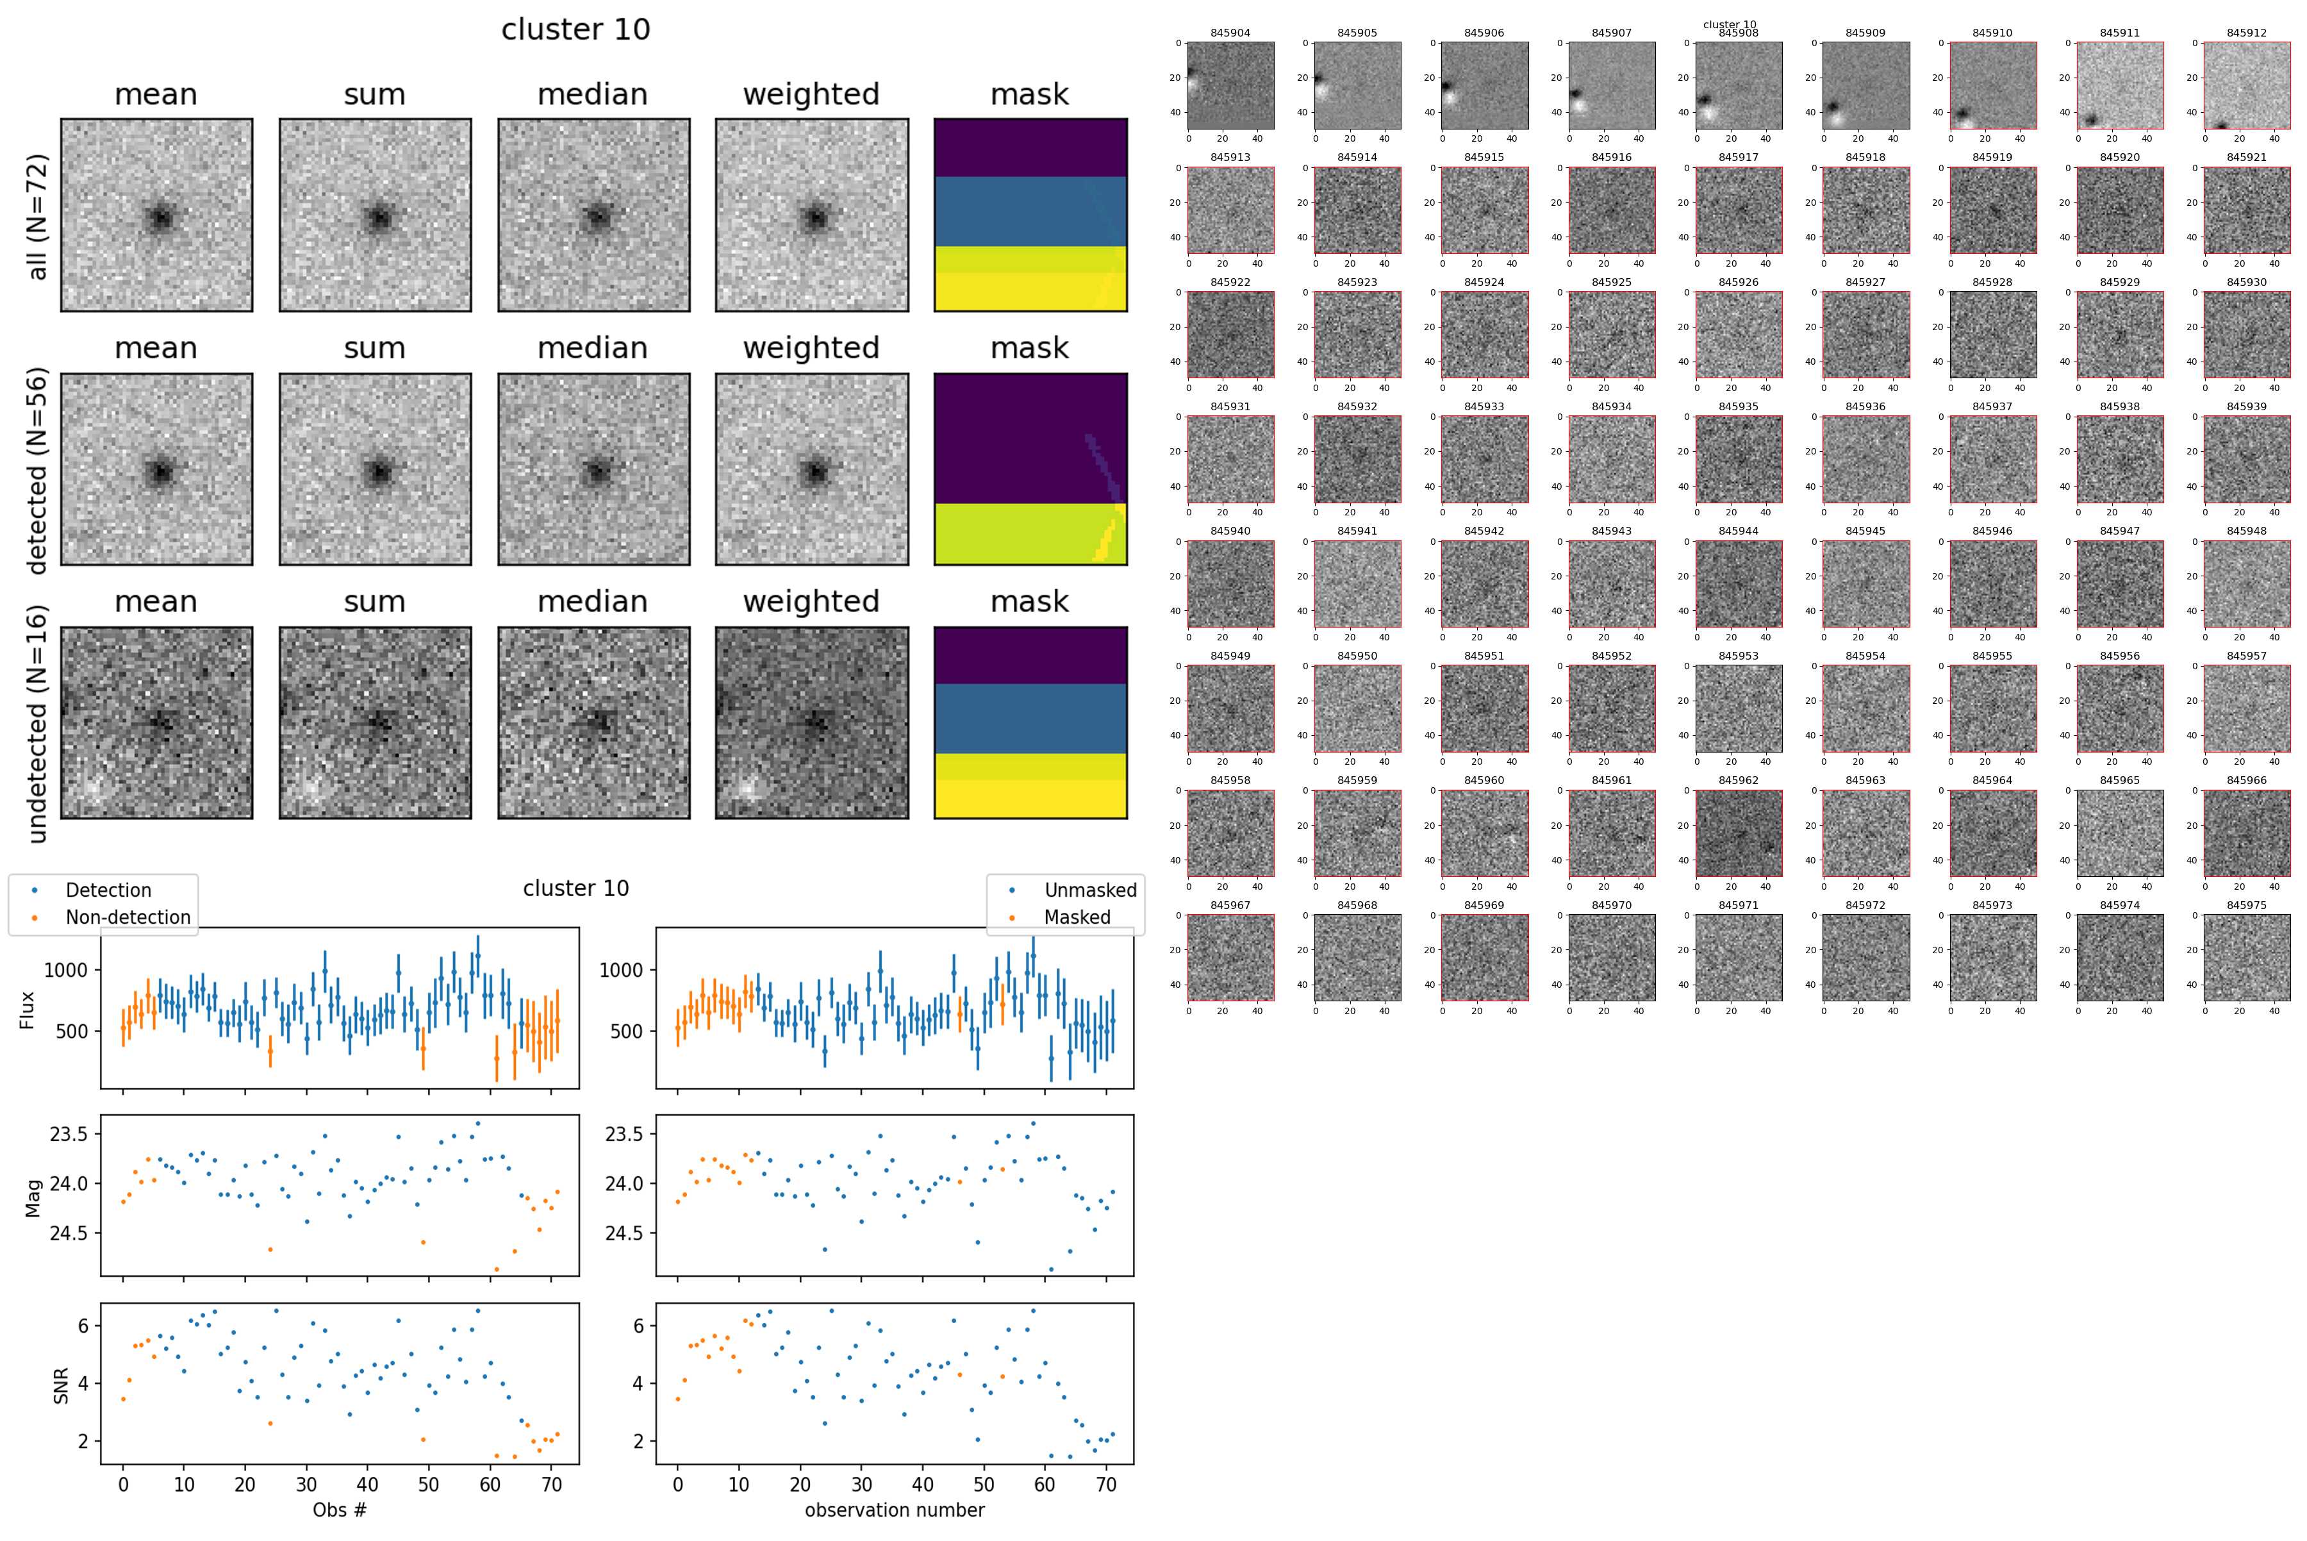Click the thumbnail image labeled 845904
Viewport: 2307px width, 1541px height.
click(x=1230, y=85)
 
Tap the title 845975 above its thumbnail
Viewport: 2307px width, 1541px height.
click(x=2246, y=905)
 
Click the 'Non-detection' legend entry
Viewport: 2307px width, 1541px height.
click(x=128, y=917)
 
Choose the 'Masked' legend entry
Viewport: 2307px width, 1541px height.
click(x=1077, y=917)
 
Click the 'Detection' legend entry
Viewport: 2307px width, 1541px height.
click(x=108, y=890)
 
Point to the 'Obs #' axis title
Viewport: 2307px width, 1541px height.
click(x=339, y=1510)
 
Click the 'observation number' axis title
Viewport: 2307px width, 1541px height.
click(x=894, y=1510)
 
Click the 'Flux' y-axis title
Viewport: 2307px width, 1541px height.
click(x=28, y=1010)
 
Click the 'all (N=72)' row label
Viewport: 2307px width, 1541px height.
click(x=37, y=216)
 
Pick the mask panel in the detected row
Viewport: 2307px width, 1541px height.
click(x=1030, y=469)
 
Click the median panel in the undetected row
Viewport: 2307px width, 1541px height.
click(x=593, y=722)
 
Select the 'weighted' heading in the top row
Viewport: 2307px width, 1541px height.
click(x=811, y=94)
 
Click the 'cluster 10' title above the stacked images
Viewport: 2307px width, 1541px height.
click(x=575, y=29)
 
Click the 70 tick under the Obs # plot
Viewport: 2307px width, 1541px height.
click(x=551, y=1485)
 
